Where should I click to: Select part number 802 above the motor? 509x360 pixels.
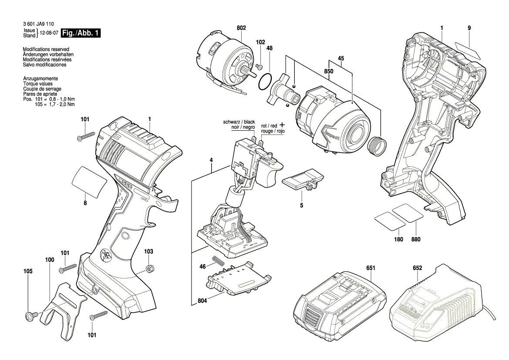click(x=241, y=28)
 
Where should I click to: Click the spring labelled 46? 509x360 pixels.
click(x=218, y=261)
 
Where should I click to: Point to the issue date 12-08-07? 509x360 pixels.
click(x=49, y=33)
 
